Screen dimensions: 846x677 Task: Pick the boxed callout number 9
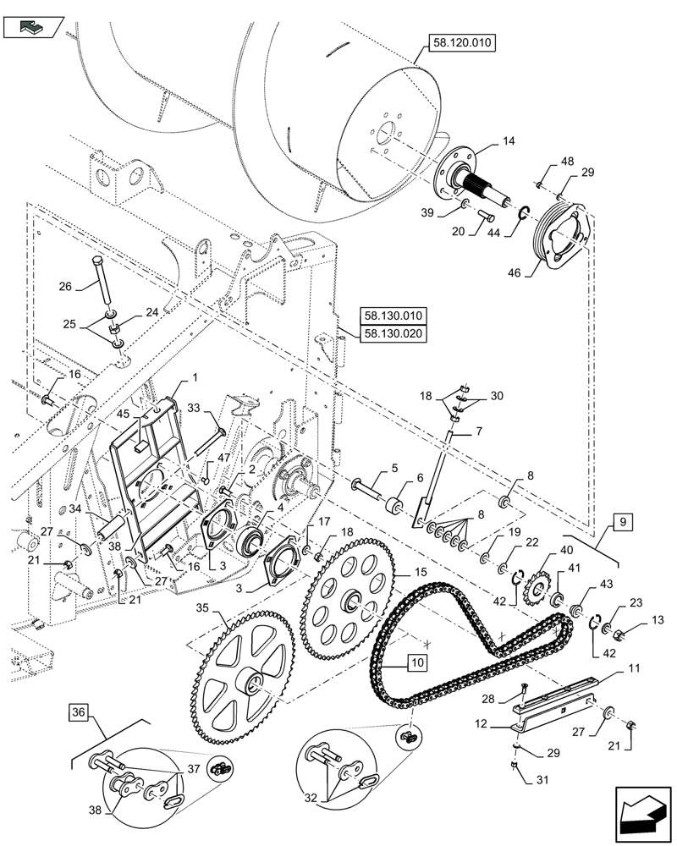[621, 523]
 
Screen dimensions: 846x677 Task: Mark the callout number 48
[566, 161]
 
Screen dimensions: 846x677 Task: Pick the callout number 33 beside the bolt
[193, 408]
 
